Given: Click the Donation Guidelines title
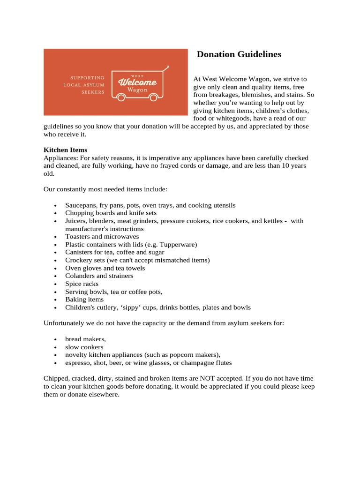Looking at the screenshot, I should coord(239,54).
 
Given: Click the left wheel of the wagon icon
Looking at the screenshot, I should coord(121,97).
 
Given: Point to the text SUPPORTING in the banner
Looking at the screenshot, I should coord(87,77).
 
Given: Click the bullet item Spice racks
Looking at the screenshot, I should coord(82,284).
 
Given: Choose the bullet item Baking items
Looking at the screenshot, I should coord(84,300).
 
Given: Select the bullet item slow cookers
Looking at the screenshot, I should coord(84,347).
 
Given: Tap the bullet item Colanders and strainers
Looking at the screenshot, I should coord(99,276).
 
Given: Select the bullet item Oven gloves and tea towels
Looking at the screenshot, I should coord(105,268).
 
